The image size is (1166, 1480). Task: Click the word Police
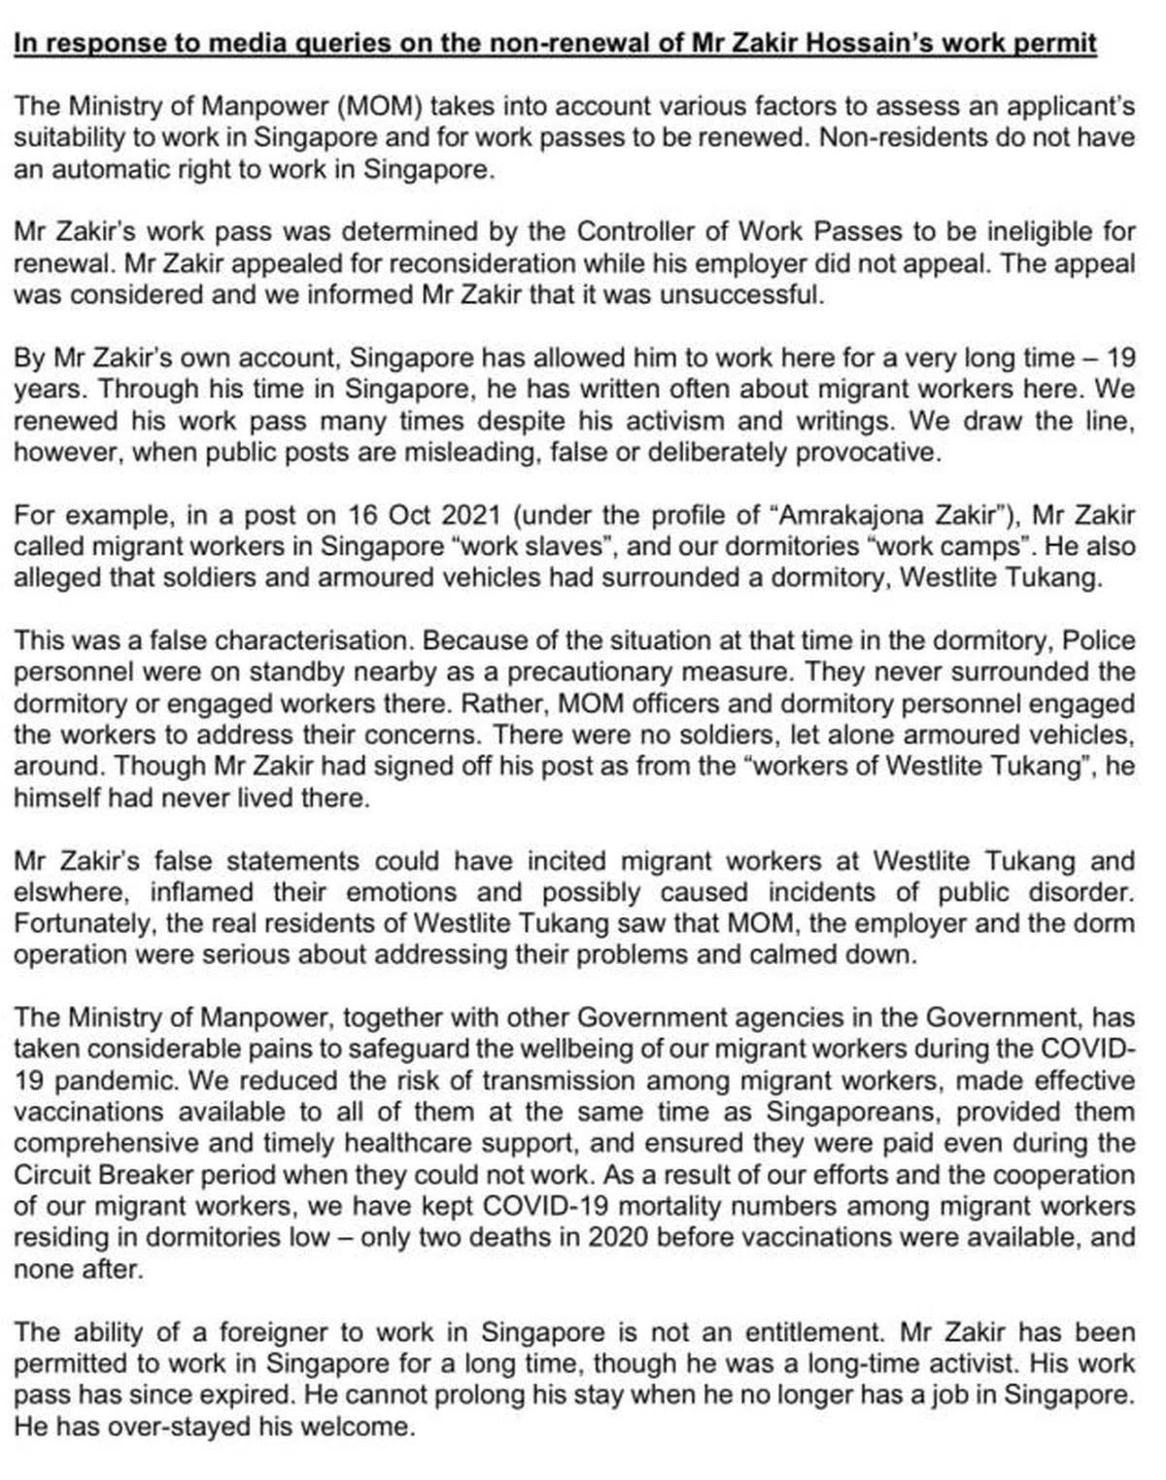click(x=1099, y=640)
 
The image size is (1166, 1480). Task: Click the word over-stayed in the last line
click(x=252, y=1427)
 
